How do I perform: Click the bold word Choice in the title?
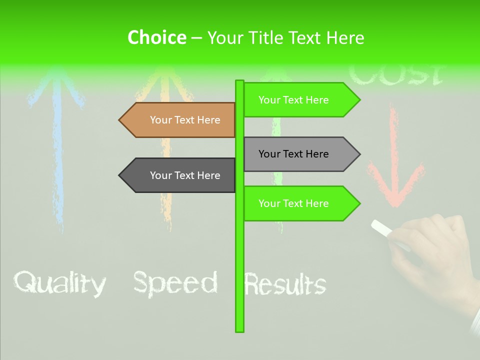click(x=156, y=37)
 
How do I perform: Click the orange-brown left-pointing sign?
click(x=180, y=120)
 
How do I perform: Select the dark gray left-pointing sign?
click(x=180, y=175)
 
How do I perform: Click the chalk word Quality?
click(x=59, y=283)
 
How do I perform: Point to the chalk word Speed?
click(x=175, y=283)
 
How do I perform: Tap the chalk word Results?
click(x=285, y=284)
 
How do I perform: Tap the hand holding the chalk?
click(x=435, y=255)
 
